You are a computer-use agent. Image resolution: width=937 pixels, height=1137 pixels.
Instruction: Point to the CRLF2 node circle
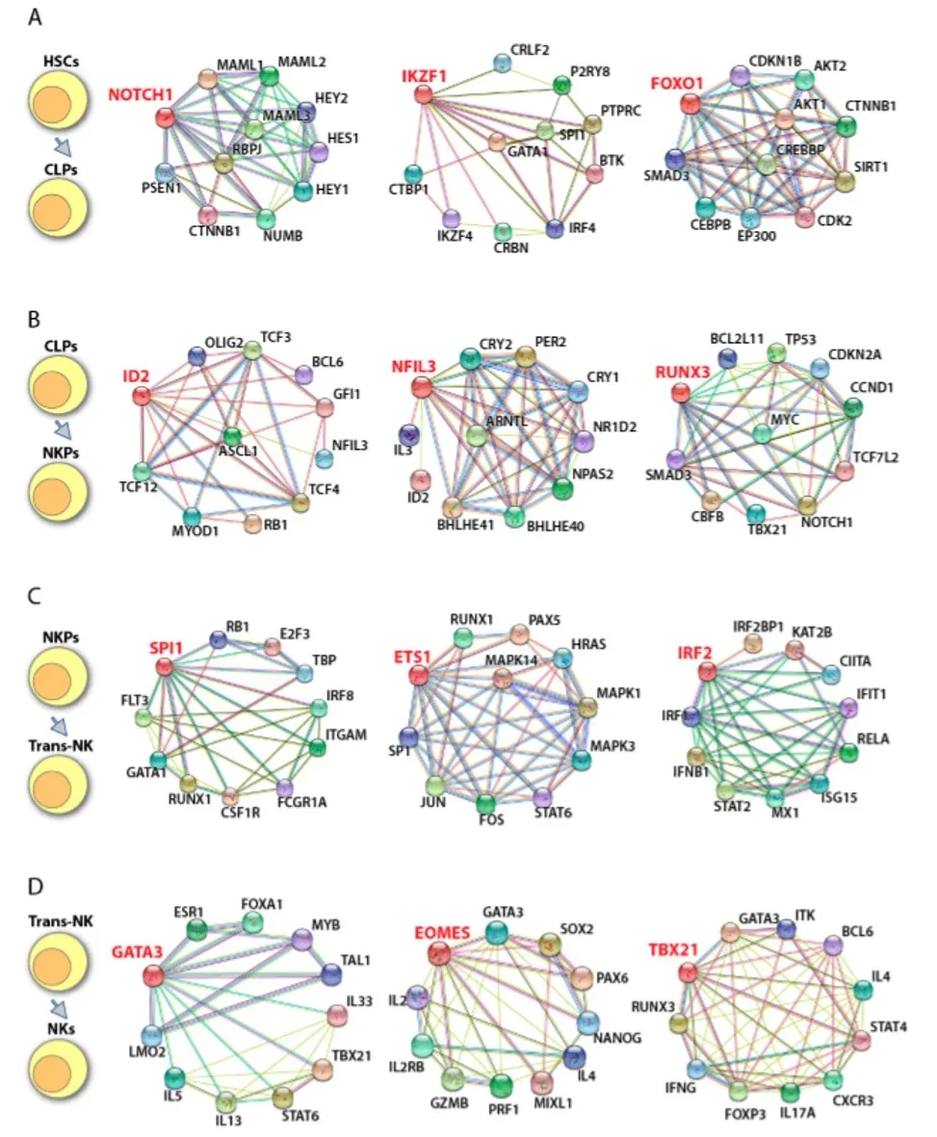click(x=501, y=64)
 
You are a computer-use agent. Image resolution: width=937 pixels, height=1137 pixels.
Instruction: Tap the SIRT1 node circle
click(x=846, y=182)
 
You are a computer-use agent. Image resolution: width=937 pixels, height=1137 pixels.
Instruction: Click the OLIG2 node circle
click(x=197, y=356)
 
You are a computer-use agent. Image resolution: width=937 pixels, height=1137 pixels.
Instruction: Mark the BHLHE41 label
click(x=453, y=529)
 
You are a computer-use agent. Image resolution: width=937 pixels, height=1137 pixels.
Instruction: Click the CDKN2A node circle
click(x=820, y=368)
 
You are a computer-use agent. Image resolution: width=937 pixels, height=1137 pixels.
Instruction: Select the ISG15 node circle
click(x=820, y=785)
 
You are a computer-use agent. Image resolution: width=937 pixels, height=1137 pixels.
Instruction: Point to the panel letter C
click(x=35, y=595)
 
